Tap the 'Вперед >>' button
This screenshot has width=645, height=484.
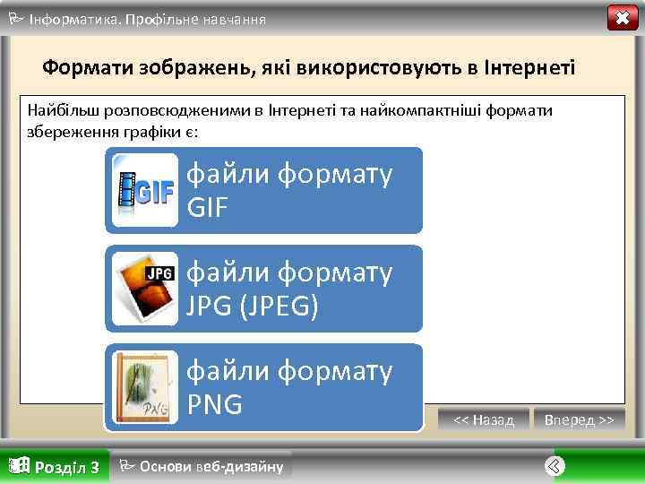(579, 419)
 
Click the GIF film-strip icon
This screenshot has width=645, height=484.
(144, 190)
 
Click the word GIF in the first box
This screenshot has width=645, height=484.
(208, 209)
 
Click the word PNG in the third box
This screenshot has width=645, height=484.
(215, 405)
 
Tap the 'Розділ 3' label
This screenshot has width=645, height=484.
(66, 467)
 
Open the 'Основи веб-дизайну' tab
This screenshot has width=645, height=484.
(211, 466)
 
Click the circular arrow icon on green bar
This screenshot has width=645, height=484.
(555, 465)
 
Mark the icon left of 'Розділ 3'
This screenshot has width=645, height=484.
(19, 465)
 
